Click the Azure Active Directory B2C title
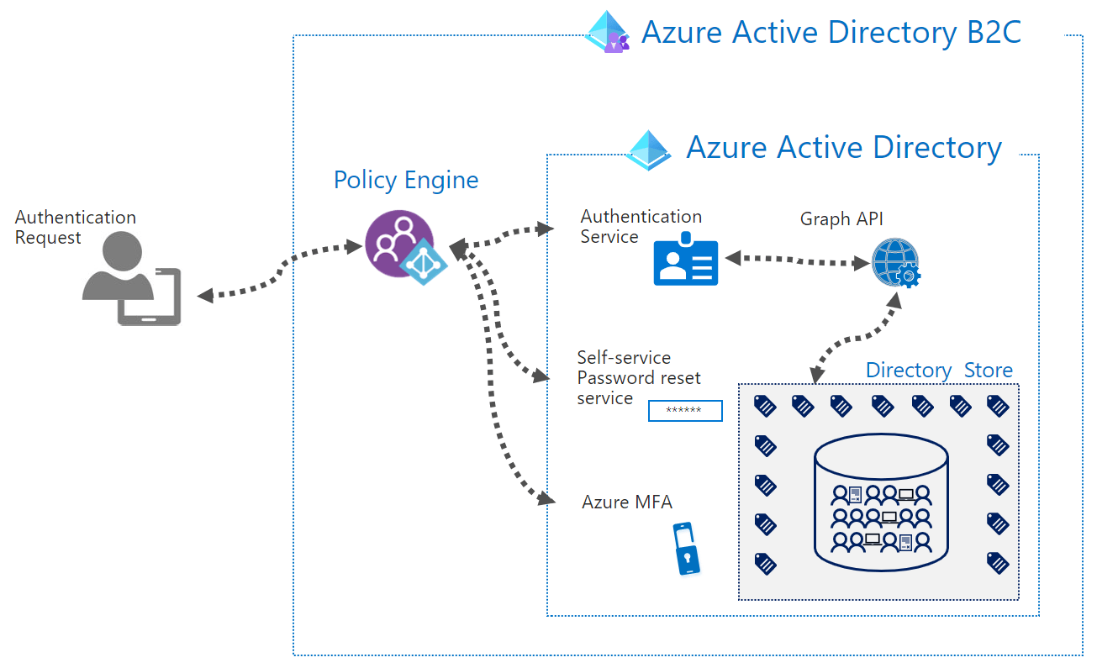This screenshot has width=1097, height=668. coord(831,33)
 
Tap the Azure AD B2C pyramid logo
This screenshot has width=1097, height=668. coord(608,33)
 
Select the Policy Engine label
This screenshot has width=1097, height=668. coord(406,180)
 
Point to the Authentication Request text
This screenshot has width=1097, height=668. coord(75,227)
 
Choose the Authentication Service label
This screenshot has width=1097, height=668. coord(641,227)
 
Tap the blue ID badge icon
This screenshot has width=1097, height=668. coord(686,260)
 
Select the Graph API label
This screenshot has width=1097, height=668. coord(841,219)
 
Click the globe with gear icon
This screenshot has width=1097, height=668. coord(895,262)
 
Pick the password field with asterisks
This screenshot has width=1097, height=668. coord(685,411)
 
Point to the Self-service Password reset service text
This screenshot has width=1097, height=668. coord(638,378)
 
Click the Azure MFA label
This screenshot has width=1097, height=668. coord(627,502)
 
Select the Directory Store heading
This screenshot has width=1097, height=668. coord(939,370)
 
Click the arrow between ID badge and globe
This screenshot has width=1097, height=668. coord(797,260)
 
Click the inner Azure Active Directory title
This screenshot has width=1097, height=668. coord(843,147)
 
